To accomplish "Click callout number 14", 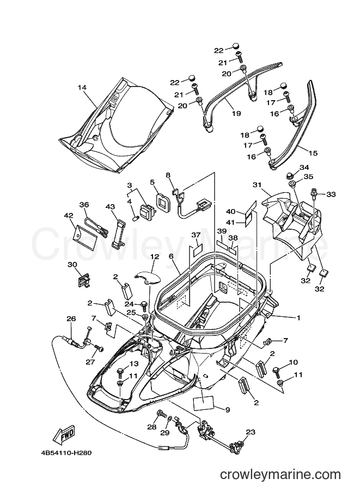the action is [x=82, y=88].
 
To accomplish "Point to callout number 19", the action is [x=236, y=113].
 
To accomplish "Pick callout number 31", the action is [x=257, y=185].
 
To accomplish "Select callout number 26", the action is [x=71, y=318].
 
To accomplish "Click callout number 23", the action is [x=251, y=432].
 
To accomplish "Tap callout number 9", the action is [x=227, y=409].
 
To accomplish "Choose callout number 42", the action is [x=69, y=216].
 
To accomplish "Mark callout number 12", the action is [x=155, y=256].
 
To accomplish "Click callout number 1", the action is [x=298, y=317].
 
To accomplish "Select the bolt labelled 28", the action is [x=161, y=414].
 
